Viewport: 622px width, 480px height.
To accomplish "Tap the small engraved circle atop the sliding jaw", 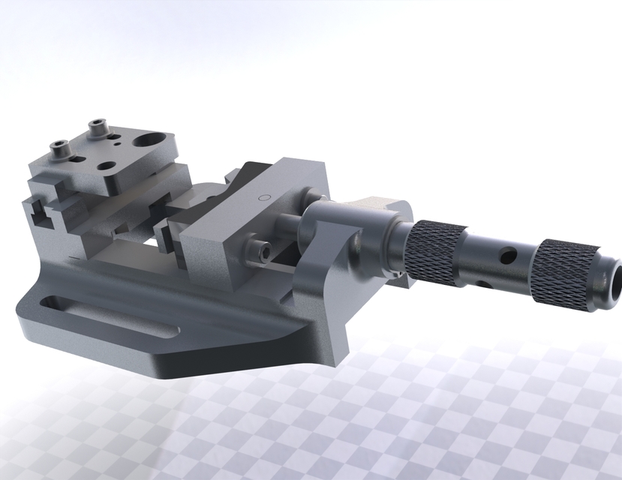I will click(263, 198).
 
